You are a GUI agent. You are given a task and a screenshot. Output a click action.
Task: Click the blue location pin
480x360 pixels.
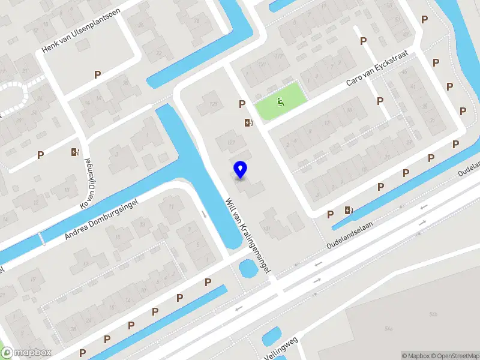tap(241, 169)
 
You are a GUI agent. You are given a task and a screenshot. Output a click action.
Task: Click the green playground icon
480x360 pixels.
tap(280, 102)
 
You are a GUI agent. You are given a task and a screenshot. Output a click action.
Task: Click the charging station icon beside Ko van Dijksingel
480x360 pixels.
tap(75, 152)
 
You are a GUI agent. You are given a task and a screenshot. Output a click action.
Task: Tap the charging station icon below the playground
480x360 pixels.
tap(248, 123)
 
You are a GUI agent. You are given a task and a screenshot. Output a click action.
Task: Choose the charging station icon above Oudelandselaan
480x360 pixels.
tap(349, 210)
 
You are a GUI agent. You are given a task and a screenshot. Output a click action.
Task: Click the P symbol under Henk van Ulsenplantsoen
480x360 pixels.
tap(97, 74)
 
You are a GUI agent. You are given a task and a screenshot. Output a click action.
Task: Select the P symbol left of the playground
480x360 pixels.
tap(242, 104)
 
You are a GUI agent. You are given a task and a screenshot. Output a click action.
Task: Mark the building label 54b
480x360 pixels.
tap(389, 329)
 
